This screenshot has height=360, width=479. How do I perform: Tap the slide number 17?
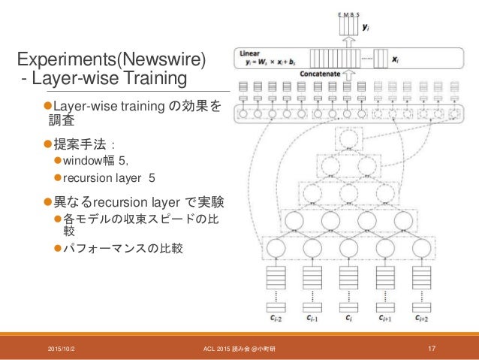coord(432,346)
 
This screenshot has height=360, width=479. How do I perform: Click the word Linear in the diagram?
coord(250,53)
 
